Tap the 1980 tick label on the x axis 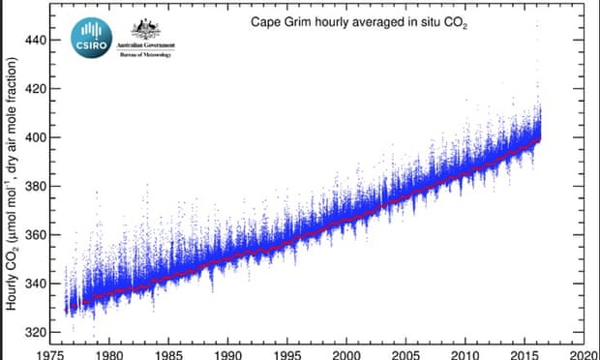pyautogui.click(x=108, y=352)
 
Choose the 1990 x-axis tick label pyautogui.click(x=228, y=352)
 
